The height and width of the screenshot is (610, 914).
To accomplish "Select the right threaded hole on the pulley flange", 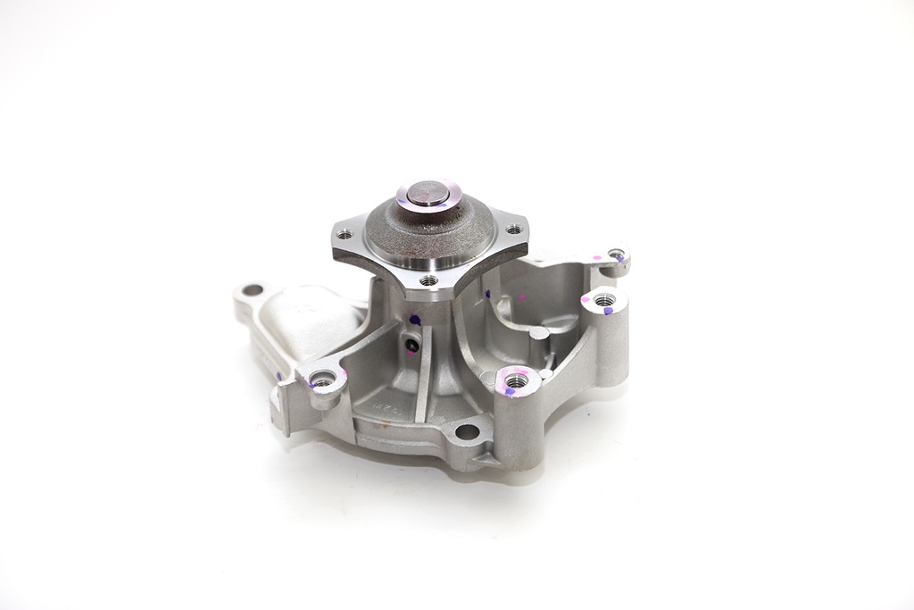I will [x=513, y=230].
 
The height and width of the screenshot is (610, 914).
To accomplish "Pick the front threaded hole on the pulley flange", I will [x=430, y=280].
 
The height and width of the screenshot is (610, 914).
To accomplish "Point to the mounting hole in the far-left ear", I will [x=253, y=289].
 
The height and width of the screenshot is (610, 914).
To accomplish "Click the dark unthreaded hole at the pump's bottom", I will [x=465, y=433].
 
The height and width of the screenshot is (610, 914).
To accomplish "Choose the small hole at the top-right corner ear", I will [x=615, y=255].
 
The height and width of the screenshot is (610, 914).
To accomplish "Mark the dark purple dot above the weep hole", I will [x=415, y=318].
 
